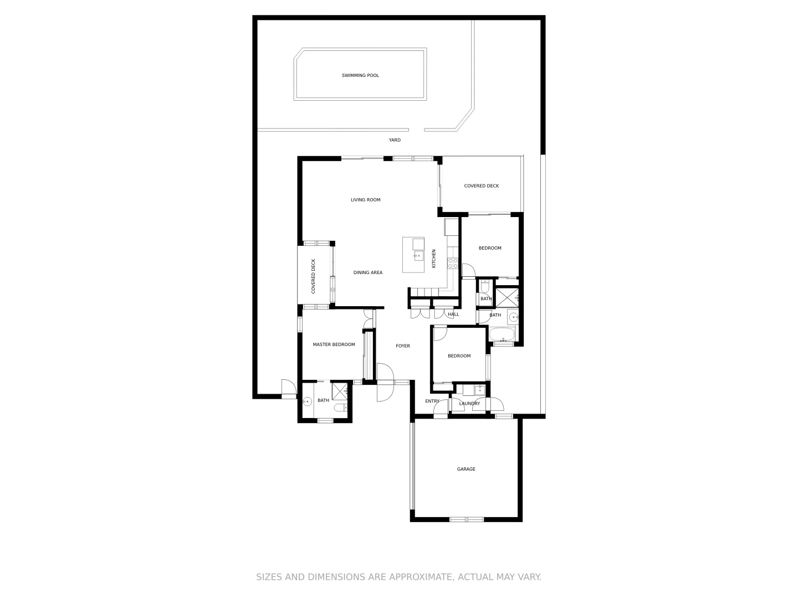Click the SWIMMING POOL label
(360, 75)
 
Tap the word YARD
(395, 140)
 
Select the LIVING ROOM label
(365, 200)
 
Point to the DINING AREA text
(368, 272)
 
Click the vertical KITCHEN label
(434, 259)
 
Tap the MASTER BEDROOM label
(334, 344)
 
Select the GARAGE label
(466, 469)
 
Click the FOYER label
(403, 346)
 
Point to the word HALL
(453, 315)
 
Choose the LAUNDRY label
(469, 404)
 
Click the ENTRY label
(432, 401)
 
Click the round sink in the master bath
(307, 401)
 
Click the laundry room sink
(474, 390)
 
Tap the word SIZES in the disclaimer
(269, 577)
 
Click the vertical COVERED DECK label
(313, 276)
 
